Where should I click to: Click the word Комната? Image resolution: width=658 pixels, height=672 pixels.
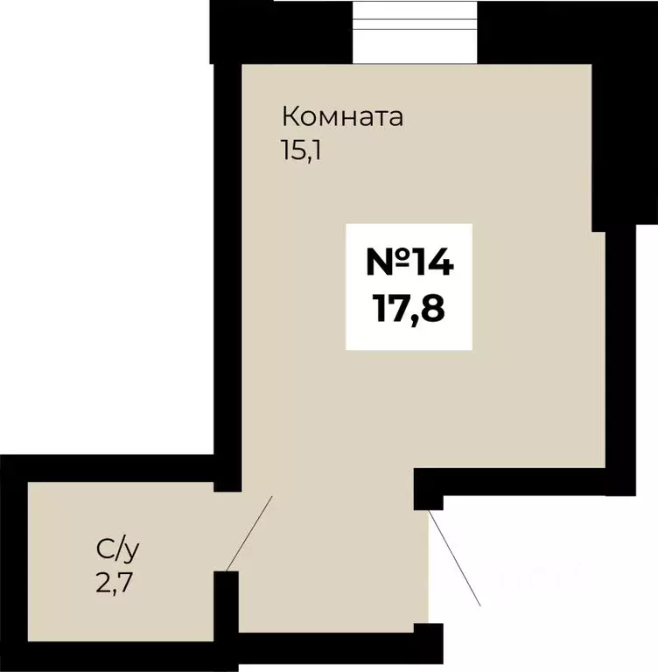[x=342, y=116]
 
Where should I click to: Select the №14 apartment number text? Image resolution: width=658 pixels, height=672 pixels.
[x=409, y=262]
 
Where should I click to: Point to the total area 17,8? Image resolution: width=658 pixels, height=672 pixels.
[x=409, y=308]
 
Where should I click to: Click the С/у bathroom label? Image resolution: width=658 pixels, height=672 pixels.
[x=117, y=549]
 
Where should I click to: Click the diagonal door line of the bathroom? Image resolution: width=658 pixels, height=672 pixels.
[x=250, y=532]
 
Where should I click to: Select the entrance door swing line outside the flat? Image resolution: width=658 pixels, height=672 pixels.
[x=455, y=560]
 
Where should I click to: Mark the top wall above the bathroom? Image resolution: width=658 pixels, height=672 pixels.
[x=114, y=467]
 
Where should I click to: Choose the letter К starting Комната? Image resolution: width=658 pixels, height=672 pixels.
[x=289, y=116]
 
